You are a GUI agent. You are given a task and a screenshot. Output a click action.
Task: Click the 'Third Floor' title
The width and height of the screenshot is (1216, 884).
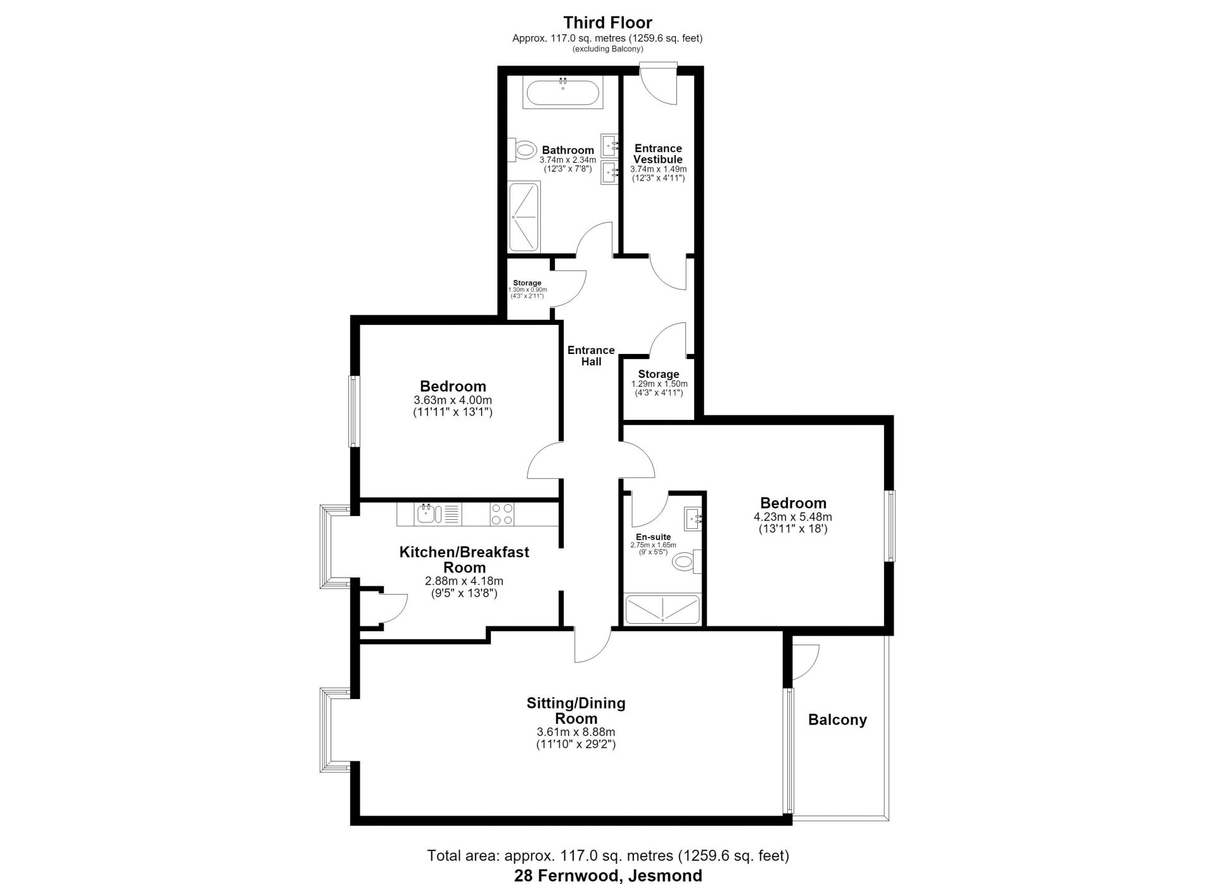pos(607,23)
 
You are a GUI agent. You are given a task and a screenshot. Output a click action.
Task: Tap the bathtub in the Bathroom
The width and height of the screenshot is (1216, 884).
pos(562,92)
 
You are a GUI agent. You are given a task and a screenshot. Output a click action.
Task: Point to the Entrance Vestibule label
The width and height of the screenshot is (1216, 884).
pos(658,154)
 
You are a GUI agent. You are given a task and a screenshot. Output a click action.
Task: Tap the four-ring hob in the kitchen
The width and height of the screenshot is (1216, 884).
pos(502,514)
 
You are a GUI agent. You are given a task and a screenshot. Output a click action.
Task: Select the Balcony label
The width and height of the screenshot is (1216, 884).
pos(837,719)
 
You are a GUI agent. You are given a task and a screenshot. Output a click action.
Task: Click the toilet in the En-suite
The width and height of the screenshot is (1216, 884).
pos(685,560)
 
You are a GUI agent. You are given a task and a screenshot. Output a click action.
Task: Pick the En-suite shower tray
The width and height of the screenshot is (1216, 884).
pos(662,609)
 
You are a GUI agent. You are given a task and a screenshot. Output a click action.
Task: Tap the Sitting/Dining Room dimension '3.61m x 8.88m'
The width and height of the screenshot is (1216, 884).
pos(576,732)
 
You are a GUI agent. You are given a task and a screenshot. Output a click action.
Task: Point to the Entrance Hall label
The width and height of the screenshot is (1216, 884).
pos(591,356)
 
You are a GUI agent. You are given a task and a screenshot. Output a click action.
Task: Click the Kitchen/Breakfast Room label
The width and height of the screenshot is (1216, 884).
pos(464,560)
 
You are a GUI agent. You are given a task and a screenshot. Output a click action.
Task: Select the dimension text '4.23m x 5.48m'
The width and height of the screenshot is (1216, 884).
pos(793,517)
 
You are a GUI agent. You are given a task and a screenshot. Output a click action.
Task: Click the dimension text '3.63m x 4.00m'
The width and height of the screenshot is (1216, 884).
pos(452,400)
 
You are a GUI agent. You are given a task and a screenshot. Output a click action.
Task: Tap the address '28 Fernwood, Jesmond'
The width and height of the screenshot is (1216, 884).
pos(608,876)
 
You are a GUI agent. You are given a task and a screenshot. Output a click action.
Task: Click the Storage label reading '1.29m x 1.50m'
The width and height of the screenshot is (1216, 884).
pos(659,383)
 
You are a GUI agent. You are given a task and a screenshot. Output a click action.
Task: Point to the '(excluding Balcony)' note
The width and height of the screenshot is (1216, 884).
pos(607,49)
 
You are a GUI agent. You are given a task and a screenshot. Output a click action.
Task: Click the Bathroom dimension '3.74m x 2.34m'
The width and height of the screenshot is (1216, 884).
pos(567,160)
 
